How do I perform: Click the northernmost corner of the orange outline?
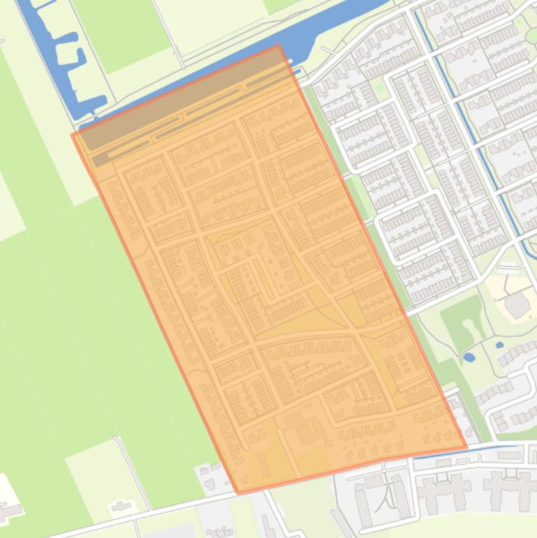[x=279, y=45]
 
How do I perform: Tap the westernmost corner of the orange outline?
[x=73, y=134]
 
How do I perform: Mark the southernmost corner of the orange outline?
[x=239, y=493]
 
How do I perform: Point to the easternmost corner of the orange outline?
[x=466, y=447]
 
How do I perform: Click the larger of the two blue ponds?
[x=469, y=357]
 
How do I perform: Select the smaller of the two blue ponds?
[x=499, y=345]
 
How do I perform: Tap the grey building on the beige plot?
[x=517, y=305]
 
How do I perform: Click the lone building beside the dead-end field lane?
[x=123, y=505]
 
